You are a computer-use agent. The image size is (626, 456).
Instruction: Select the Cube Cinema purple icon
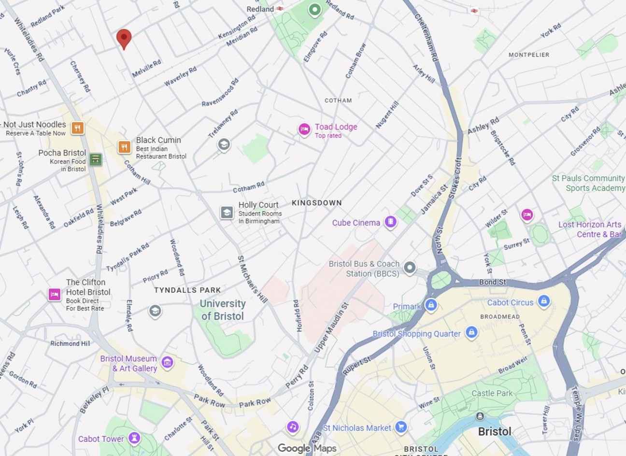coord(391,222)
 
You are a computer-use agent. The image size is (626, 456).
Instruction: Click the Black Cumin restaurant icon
coord(125,147)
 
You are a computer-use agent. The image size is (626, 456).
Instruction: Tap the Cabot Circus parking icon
coord(544,301)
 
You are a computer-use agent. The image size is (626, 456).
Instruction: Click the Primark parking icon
coord(431,305)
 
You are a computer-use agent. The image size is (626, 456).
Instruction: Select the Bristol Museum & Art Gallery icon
coord(167,362)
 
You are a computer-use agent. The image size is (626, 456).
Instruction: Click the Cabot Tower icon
coord(135,438)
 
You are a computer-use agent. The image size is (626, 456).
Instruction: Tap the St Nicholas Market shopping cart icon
coord(400,427)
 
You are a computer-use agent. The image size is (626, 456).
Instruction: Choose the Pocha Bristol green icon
coord(96,159)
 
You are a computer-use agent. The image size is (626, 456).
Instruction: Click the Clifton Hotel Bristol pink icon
coord(54,294)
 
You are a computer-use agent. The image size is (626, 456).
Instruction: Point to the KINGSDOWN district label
coord(316,203)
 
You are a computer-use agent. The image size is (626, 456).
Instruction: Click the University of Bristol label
coord(222,310)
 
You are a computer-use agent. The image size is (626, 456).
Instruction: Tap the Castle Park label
coord(492,393)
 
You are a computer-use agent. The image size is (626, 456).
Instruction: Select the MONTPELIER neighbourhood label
coord(529,55)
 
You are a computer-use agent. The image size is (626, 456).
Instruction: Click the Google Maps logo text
coord(307,448)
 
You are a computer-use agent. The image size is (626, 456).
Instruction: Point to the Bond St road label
coord(492,282)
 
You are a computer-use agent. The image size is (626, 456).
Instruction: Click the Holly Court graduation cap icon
coord(227,212)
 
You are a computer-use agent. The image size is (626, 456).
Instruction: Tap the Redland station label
coord(260,9)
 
